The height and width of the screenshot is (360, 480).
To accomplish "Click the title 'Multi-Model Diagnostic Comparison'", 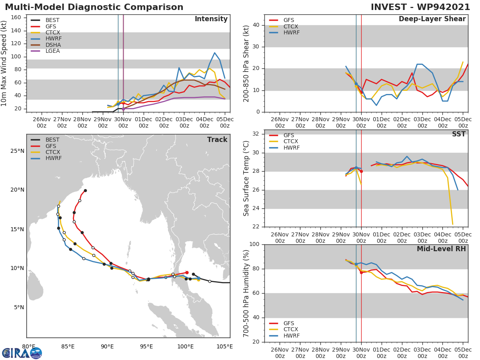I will [94, 7].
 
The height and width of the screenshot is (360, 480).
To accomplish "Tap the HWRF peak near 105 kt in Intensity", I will [214, 53].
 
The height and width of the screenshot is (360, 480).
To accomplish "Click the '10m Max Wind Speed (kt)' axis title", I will [4, 63].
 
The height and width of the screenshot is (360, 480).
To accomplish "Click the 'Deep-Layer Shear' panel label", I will [432, 19].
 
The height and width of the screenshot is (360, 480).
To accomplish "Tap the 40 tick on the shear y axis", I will [257, 25].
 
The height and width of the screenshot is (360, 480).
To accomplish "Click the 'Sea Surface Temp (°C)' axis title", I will [247, 179].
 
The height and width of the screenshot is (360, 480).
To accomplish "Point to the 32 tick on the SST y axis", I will [257, 134].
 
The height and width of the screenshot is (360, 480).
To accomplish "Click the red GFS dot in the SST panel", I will [361, 171].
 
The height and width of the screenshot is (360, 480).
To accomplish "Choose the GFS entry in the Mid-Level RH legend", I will [284, 323].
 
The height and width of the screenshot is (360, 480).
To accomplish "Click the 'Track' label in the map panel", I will [217, 140].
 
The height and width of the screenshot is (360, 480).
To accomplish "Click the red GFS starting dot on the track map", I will [187, 272].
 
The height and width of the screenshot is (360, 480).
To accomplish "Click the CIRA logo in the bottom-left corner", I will [22, 353].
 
